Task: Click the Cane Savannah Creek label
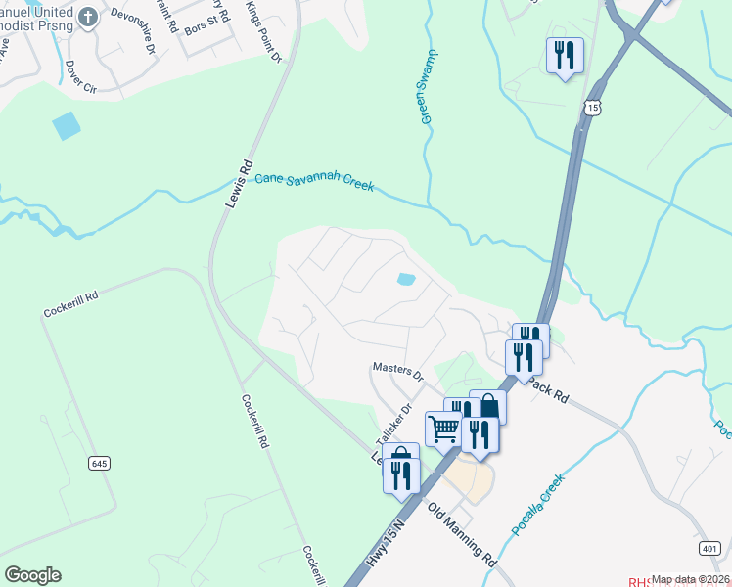click(314, 182)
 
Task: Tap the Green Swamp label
click(429, 86)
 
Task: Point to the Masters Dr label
click(396, 371)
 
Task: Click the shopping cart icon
click(443, 428)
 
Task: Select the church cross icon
click(87, 17)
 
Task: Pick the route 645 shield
click(98, 462)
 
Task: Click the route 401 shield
click(712, 549)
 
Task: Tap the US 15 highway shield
click(592, 107)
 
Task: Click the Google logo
click(32, 575)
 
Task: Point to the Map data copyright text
click(691, 579)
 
